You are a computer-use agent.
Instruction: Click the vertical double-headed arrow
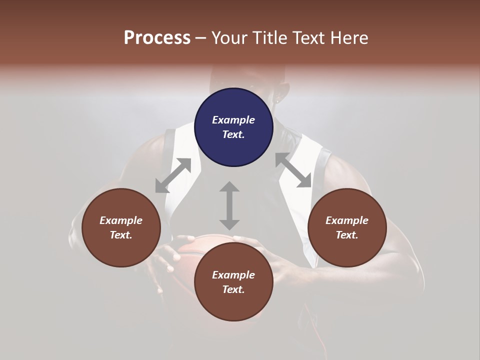pyautogui.click(x=229, y=205)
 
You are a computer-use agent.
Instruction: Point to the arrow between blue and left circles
pyautogui.click(x=173, y=175)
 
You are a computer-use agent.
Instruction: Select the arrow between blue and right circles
pyautogui.click(x=293, y=170)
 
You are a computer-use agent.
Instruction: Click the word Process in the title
pyautogui.click(x=157, y=37)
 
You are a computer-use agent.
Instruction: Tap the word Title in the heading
pyautogui.click(x=270, y=37)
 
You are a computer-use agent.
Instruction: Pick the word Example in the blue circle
pyautogui.click(x=233, y=120)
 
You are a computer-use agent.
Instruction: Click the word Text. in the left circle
pyautogui.click(x=121, y=235)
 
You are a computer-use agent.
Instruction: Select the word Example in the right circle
pyautogui.click(x=347, y=220)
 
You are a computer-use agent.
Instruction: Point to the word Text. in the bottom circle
pyautogui.click(x=233, y=289)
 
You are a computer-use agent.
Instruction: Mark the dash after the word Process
pyautogui.click(x=201, y=38)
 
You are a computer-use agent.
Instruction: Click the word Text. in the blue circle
pyautogui.click(x=233, y=134)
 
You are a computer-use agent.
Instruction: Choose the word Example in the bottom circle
pyautogui.click(x=233, y=275)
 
